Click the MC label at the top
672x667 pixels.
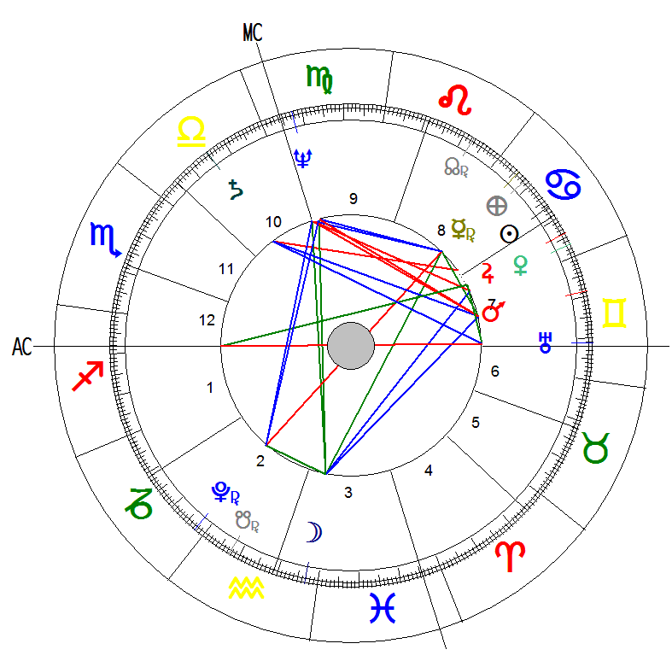[x=252, y=32]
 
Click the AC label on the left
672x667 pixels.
[x=22, y=347]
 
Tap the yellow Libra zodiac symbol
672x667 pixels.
[x=190, y=132]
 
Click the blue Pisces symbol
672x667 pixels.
[x=383, y=607]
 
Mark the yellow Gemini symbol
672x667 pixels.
[x=615, y=313]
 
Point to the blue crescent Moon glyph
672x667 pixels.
[x=315, y=533]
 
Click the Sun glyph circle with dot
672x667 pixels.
[x=510, y=233]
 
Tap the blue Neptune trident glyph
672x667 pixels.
[x=303, y=155]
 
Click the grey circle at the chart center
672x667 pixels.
[x=350, y=346]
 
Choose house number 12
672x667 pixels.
[x=207, y=321]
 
